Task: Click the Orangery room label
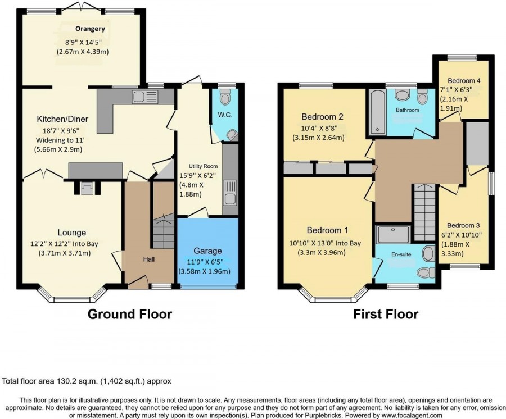pyautogui.click(x=90, y=29)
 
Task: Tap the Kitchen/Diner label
pyautogui.click(x=62, y=119)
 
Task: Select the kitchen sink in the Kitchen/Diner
pyautogui.click(x=145, y=97)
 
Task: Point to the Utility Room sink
pyautogui.click(x=229, y=193)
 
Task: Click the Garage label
pyautogui.click(x=208, y=251)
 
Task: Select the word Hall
pyautogui.click(x=149, y=259)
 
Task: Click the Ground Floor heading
pyautogui.click(x=130, y=314)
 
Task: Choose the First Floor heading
pyautogui.click(x=386, y=314)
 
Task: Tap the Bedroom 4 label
pyautogui.click(x=464, y=80)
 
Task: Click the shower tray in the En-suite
pyautogui.click(x=394, y=234)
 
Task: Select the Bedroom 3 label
pyautogui.click(x=463, y=225)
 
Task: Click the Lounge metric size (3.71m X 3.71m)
pyautogui.click(x=64, y=253)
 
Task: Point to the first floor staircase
pyautogui.click(x=424, y=212)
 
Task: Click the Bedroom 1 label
pyautogui.click(x=328, y=230)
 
